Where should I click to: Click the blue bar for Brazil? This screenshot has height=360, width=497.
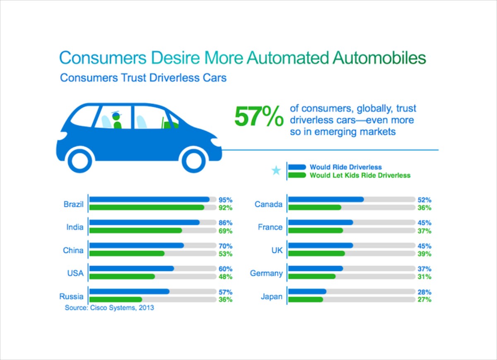point(150,199)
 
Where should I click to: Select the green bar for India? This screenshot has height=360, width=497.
point(136,230)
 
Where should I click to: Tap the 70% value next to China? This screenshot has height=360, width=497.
point(225,246)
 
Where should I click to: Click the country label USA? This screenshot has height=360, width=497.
point(75,274)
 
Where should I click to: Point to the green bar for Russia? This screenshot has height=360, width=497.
point(116,300)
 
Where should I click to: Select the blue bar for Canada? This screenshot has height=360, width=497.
point(326,199)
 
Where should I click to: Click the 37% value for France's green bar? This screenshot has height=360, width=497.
point(425,230)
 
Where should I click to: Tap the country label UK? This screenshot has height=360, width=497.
point(277,250)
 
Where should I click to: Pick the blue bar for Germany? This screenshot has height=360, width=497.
point(316,269)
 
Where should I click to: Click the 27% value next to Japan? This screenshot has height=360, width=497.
point(425,300)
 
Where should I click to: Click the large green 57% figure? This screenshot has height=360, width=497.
point(259,117)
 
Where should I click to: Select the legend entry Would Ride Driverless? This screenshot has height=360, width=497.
point(346,167)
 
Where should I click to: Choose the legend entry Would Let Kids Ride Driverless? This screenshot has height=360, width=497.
point(360,175)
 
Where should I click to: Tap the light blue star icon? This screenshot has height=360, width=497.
point(276,170)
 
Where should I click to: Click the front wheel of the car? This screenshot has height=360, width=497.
point(194,160)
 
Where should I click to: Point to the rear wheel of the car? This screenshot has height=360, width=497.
point(81,160)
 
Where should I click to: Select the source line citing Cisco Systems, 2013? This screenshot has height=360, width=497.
point(109,308)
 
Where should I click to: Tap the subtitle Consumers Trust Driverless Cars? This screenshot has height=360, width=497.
point(143,78)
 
